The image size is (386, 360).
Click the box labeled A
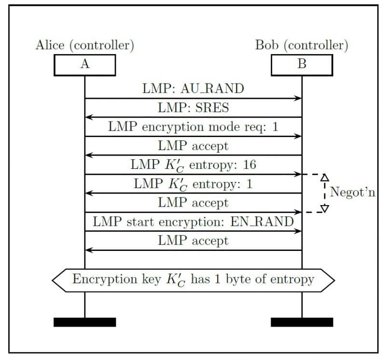(x=84, y=65)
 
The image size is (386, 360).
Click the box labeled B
(x=302, y=65)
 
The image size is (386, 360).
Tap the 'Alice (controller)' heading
(x=84, y=45)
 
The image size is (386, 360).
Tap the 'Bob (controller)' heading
(x=302, y=45)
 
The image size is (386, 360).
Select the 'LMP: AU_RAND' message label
(x=193, y=89)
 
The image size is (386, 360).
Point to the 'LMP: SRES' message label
(x=193, y=108)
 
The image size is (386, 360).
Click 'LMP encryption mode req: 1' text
(x=193, y=126)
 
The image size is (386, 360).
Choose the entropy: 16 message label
(x=193, y=165)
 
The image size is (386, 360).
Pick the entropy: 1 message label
(x=193, y=184)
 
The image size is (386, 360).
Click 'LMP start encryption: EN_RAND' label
(x=193, y=222)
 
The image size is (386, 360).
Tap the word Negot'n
(x=353, y=194)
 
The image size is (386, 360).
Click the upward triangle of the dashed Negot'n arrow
(x=325, y=178)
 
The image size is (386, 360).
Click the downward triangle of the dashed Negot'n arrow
(x=325, y=208)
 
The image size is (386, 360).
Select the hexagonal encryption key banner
(x=193, y=280)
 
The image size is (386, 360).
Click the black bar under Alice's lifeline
(x=84, y=322)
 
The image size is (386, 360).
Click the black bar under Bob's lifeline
(x=302, y=322)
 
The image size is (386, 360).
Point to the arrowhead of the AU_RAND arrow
(x=299, y=98)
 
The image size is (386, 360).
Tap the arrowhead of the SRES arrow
(x=88, y=117)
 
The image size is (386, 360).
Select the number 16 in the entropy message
(x=249, y=165)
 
